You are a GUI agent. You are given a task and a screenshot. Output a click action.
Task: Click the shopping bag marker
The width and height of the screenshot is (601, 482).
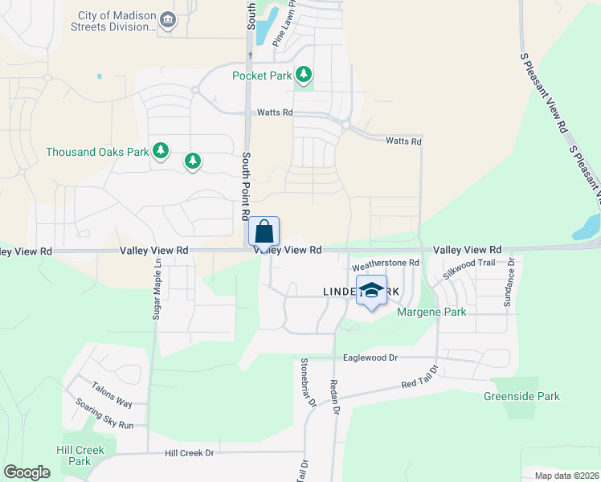(x=264, y=233)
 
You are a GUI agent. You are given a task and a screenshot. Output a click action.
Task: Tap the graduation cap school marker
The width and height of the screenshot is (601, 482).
(x=371, y=292)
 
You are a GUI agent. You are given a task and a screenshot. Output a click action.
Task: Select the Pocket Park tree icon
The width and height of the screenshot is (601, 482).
(x=304, y=76)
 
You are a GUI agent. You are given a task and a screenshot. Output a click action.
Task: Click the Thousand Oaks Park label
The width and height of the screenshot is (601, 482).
(x=97, y=151)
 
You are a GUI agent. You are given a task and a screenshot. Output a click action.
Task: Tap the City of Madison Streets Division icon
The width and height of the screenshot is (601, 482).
(x=168, y=20)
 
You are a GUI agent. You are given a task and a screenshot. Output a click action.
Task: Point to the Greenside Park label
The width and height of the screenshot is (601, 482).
(x=521, y=396)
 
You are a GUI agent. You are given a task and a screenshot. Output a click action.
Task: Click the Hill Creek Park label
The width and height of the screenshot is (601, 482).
(x=80, y=455)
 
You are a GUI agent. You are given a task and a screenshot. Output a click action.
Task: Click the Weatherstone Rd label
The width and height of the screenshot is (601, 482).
(x=386, y=263)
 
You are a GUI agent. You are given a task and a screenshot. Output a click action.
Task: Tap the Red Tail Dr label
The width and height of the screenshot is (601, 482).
(x=420, y=379)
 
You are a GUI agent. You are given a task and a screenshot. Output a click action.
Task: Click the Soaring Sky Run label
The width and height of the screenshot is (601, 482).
(x=104, y=413)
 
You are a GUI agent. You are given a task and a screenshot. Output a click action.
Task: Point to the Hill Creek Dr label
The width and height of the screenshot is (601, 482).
(x=190, y=453)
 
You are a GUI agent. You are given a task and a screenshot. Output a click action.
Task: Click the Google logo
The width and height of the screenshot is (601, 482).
(x=27, y=472)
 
